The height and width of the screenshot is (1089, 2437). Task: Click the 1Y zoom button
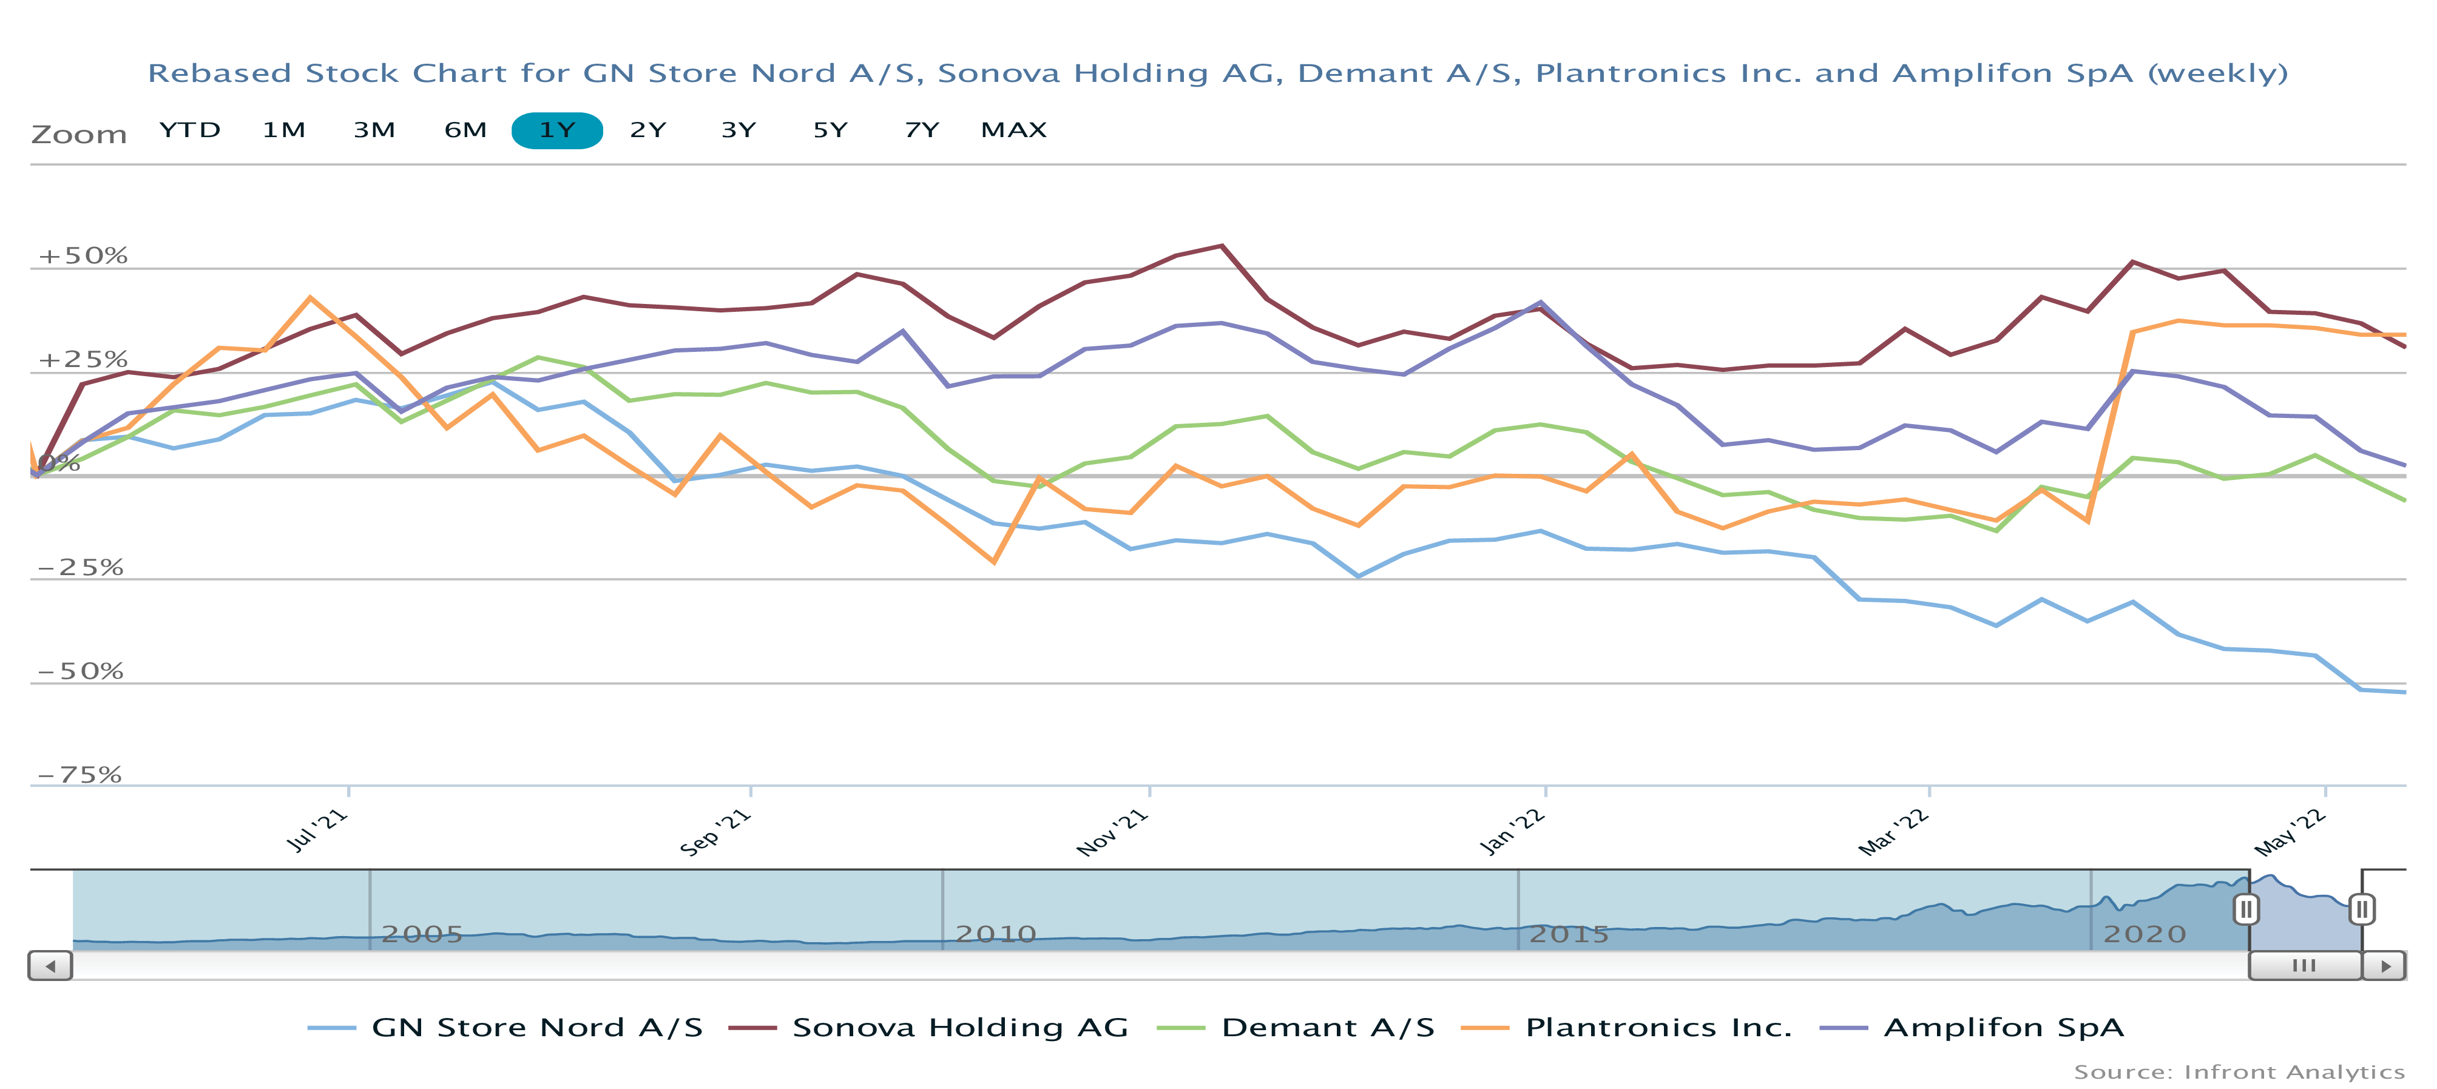[x=556, y=130]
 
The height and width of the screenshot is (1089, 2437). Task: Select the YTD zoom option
[x=189, y=130]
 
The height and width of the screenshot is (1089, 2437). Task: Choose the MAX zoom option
[x=1013, y=130]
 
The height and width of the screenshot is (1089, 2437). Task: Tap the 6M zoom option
[x=465, y=130]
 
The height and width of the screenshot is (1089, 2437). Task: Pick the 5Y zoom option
[x=830, y=130]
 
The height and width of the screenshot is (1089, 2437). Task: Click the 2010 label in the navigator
[x=995, y=935]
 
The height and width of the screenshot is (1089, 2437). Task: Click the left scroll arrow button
[x=50, y=966]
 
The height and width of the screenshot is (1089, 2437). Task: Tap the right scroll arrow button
[x=2384, y=966]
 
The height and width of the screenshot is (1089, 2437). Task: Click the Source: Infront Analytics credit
[x=2239, y=1072]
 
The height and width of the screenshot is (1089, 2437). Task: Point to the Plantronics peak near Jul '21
[x=310, y=298]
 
